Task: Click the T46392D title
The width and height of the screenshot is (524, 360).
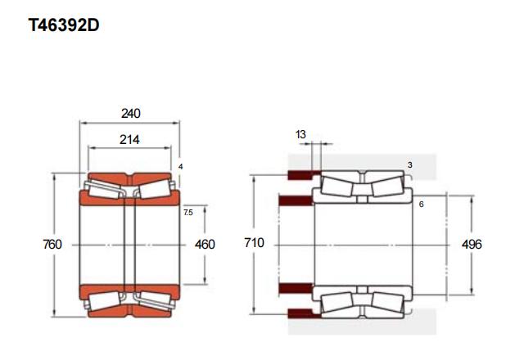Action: pyautogui.click(x=64, y=25)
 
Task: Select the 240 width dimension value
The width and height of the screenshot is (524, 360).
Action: pyautogui.click(x=131, y=114)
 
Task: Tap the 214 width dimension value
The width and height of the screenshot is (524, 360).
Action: pyautogui.click(x=129, y=139)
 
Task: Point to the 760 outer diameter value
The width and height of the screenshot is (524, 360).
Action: pyautogui.click(x=52, y=244)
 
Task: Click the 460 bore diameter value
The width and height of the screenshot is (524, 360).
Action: pyautogui.click(x=205, y=244)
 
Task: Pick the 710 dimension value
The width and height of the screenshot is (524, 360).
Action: pyautogui.click(x=254, y=243)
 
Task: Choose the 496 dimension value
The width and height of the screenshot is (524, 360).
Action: pyautogui.click(x=472, y=244)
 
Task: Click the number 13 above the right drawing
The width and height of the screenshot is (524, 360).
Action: pyautogui.click(x=300, y=134)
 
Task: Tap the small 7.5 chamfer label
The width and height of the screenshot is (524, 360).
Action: pyautogui.click(x=188, y=212)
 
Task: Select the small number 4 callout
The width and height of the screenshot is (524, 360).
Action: pyautogui.click(x=180, y=166)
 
